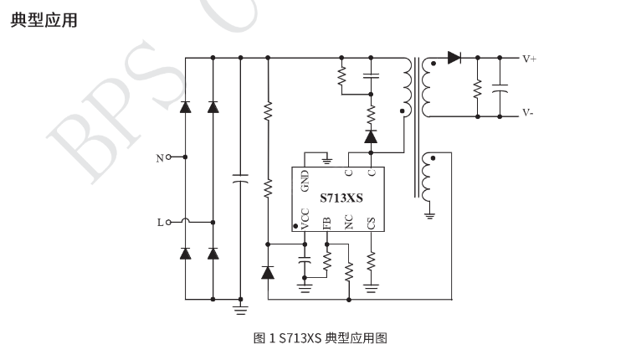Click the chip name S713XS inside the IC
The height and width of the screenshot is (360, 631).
click(341, 198)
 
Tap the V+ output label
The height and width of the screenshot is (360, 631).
click(530, 59)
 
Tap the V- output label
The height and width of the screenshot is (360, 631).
click(529, 113)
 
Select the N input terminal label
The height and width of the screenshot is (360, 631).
click(160, 157)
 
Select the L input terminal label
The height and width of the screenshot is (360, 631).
click(160, 223)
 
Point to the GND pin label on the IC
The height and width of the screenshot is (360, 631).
click(305, 179)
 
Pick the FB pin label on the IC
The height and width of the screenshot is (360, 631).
click(327, 222)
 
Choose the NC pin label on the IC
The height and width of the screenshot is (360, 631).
click(349, 222)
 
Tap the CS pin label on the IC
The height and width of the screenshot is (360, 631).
click(372, 222)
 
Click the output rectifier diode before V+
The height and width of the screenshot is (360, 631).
click(454, 58)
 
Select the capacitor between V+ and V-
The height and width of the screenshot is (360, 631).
click(500, 86)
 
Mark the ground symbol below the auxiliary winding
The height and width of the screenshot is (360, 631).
click(429, 215)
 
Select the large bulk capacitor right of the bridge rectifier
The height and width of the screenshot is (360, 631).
click(240, 178)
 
